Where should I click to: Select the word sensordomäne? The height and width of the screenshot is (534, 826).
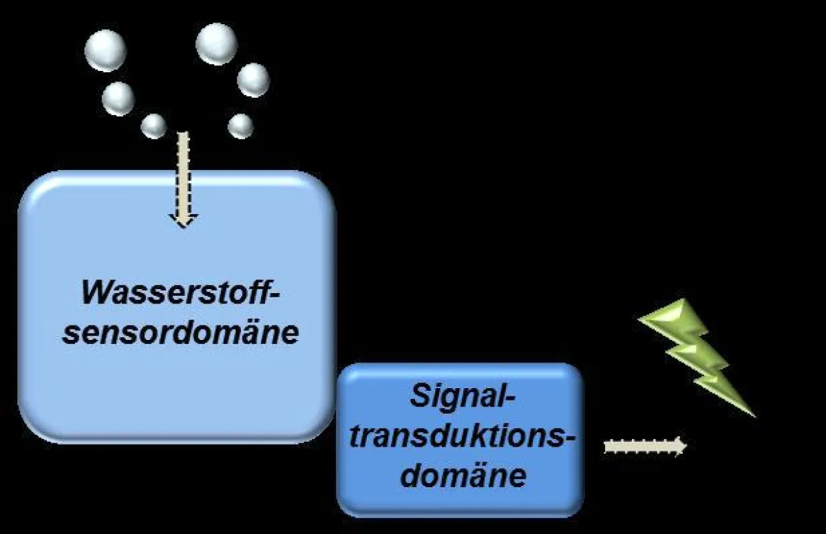coord(181,332)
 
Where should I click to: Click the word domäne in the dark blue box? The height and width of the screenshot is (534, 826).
coord(463,476)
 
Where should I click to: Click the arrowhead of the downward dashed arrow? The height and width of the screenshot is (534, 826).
coord(183,220)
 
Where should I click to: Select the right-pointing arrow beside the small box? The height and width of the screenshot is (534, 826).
coord(644,446)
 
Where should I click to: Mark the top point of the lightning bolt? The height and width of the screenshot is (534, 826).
coord(681,301)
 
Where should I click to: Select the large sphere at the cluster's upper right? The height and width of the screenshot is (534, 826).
coord(216,43)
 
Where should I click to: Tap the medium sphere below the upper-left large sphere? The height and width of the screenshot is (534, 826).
coord(118,98)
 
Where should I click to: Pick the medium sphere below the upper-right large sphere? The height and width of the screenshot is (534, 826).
coord(253,79)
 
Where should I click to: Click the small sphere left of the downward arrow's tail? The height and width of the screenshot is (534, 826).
coord(153,126)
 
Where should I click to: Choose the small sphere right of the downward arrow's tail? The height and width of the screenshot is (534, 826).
coord(240,126)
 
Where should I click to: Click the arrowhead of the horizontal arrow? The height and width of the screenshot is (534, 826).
coord(679,446)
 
